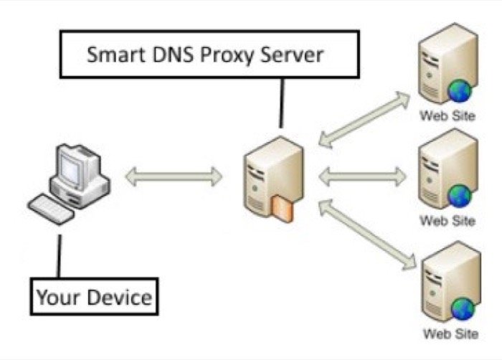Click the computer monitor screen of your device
74,167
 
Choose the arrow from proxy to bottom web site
366,234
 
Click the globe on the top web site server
459,91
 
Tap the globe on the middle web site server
459,194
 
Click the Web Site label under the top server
448,115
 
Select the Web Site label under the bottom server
448,333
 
